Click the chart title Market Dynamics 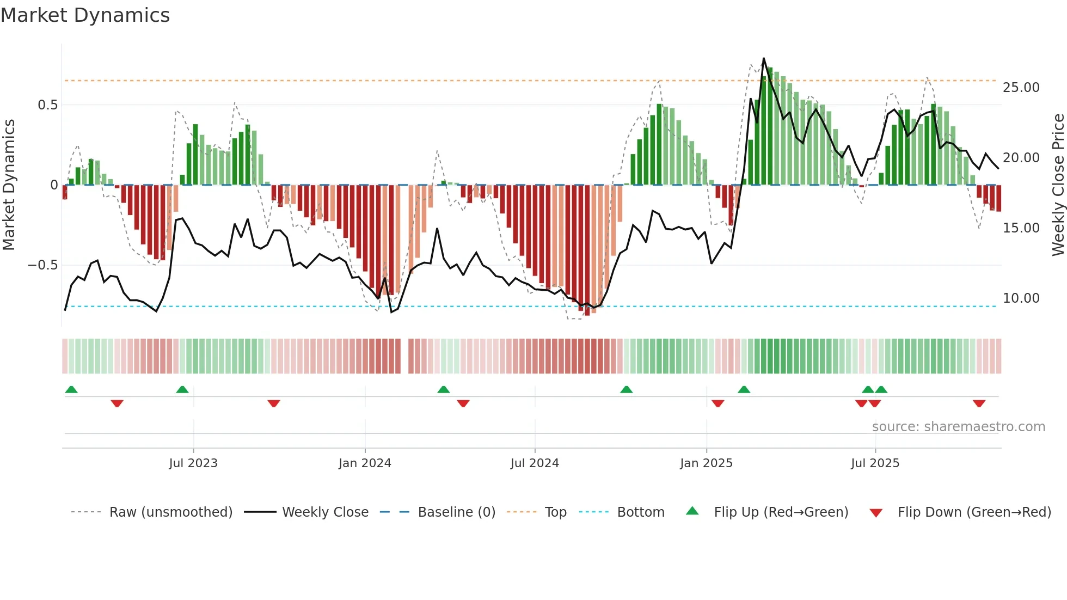point(85,15)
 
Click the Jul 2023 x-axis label point(193,463)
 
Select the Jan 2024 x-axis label point(365,463)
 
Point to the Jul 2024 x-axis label point(535,463)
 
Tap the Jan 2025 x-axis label point(706,463)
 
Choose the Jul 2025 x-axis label point(875,463)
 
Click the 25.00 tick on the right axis point(1021,88)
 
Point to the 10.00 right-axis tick point(1021,298)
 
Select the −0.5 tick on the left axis point(42,265)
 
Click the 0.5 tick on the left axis point(47,105)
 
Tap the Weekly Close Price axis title point(1058,185)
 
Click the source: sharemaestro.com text point(958,427)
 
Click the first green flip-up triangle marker point(71,389)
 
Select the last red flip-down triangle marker point(979,403)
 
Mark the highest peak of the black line point(763,58)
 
